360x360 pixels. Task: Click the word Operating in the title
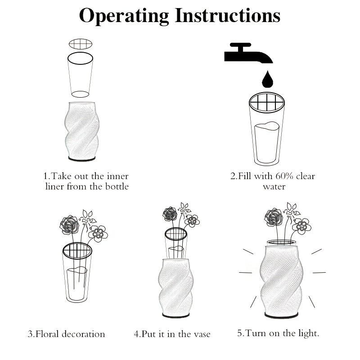(124, 17)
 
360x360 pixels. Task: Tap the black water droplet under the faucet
(267, 79)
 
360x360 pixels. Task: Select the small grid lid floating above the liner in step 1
(81, 44)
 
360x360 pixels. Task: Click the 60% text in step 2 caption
(284, 176)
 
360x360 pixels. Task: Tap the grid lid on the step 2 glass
(267, 103)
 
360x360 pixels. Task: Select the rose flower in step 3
(69, 225)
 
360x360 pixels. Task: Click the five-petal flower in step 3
(98, 234)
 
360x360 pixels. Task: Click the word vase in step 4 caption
(202, 334)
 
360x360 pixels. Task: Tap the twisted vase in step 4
(175, 287)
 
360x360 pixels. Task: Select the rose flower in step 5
(274, 218)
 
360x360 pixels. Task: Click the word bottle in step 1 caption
(117, 186)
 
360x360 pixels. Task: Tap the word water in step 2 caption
(274, 186)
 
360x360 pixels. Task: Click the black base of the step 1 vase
(82, 159)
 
